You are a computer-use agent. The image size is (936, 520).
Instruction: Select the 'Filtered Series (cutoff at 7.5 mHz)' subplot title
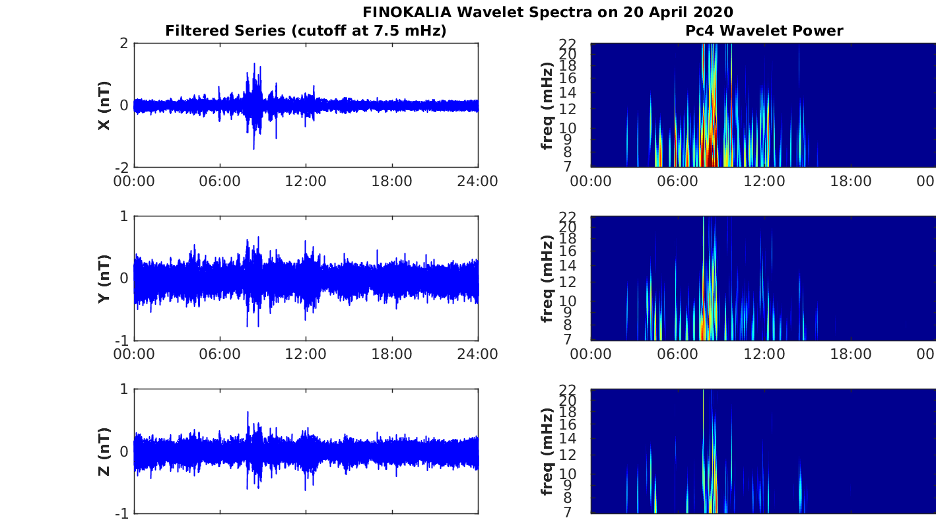point(306,30)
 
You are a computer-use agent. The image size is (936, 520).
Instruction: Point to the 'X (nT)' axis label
point(104,106)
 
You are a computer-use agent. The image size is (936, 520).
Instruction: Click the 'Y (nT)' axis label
point(104,278)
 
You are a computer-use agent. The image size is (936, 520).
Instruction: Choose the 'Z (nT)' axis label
point(104,451)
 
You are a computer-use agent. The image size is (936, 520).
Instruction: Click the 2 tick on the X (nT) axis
point(123,44)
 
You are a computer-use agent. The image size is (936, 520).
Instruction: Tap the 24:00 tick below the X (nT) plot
point(477,181)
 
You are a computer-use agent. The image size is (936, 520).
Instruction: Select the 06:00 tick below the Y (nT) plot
point(220,354)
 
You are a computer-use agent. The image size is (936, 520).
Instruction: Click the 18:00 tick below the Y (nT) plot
point(392,354)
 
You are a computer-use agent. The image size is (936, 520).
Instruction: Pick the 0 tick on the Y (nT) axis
point(123,278)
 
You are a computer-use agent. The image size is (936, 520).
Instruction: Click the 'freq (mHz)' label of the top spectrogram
point(547,106)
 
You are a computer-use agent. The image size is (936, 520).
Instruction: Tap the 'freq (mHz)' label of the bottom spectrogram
point(547,451)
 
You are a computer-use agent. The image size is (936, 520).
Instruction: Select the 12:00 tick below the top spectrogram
point(764,181)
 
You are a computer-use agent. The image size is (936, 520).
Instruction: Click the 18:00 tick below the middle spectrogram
point(851,354)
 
